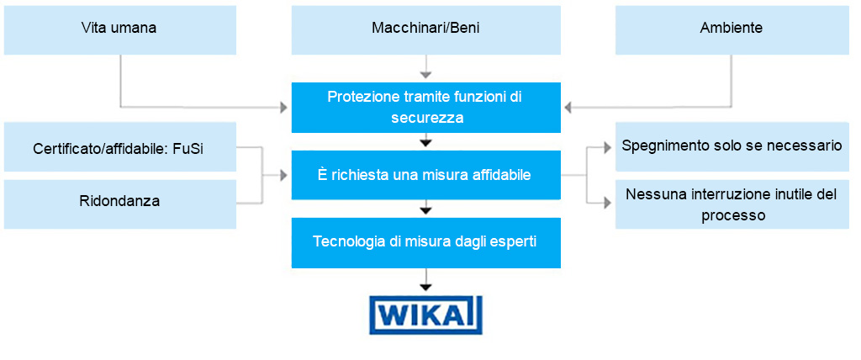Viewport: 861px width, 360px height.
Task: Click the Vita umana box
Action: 119,28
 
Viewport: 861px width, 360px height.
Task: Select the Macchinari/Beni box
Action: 425,28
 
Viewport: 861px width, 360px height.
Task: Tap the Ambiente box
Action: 731,28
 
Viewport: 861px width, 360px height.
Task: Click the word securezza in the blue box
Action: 427,118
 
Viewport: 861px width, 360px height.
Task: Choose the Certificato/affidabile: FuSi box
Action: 119,148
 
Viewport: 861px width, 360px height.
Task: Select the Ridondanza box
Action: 119,202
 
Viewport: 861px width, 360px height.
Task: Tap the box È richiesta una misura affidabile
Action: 425,175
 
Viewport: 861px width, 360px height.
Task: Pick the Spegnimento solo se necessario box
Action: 731,146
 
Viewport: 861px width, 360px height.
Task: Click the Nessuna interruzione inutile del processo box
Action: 731,204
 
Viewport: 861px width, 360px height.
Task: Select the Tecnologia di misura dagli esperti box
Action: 425,242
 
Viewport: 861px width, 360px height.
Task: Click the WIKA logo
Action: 426,315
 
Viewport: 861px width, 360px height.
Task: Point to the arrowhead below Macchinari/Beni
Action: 426,72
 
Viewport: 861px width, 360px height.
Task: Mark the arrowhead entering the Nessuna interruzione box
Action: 608,203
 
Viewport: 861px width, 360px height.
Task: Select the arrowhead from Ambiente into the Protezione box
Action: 568,108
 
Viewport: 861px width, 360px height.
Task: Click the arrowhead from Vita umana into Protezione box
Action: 283,108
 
